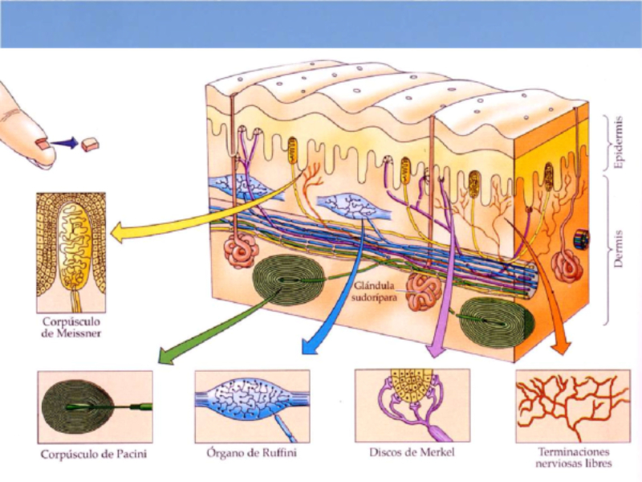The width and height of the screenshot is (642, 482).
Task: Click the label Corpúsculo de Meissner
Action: tap(70, 327)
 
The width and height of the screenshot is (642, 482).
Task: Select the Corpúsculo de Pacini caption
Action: tap(94, 454)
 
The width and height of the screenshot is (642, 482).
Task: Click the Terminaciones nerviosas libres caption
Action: tap(571, 457)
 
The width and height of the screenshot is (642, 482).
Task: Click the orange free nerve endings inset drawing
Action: tap(571, 406)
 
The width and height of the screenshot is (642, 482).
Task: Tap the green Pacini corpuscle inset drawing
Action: tap(94, 406)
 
